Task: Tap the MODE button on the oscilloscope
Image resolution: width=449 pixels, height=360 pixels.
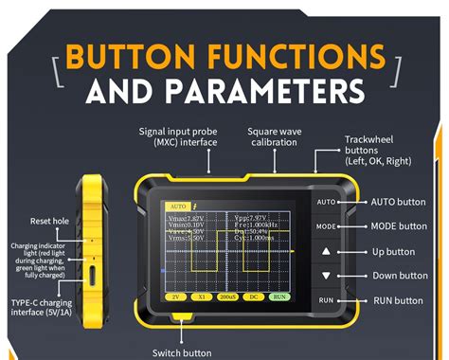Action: (326, 226)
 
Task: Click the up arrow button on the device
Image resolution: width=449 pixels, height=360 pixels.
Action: (326, 252)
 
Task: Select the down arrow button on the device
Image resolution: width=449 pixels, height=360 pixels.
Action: (326, 276)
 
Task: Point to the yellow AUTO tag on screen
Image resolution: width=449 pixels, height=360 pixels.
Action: (177, 205)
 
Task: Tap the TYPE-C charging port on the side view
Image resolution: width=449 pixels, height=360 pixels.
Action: (93, 276)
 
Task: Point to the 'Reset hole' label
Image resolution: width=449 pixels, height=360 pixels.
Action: (45, 221)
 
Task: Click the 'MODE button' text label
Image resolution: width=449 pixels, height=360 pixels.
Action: (398, 226)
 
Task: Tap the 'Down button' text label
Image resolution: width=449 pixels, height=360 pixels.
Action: (399, 276)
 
